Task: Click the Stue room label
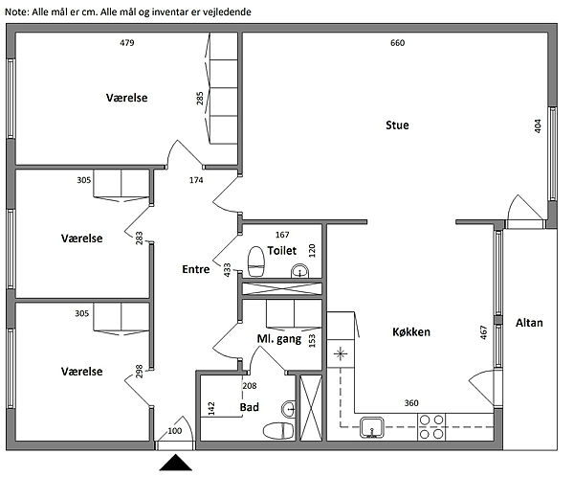click(397, 125)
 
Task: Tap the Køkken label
click(410, 332)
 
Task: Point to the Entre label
click(195, 270)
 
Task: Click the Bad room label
click(249, 407)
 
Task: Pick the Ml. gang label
click(279, 339)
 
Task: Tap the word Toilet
click(283, 250)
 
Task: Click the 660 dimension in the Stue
click(398, 43)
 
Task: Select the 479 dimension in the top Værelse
click(126, 43)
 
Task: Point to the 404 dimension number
click(538, 125)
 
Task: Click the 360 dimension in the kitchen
click(411, 402)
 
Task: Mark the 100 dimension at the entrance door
click(174, 431)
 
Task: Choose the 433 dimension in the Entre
click(228, 270)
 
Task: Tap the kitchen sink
click(372, 426)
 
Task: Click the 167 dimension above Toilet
click(282, 235)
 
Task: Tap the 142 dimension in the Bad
click(211, 407)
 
